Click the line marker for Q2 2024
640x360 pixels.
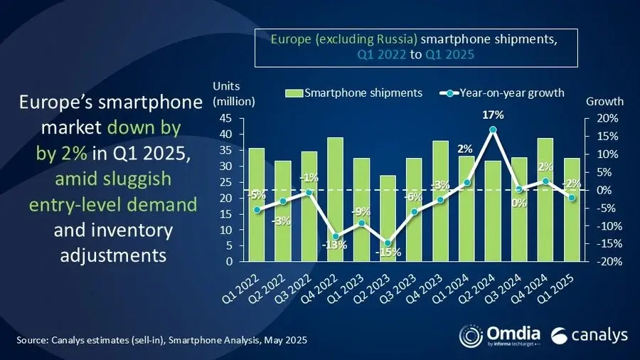[492, 130]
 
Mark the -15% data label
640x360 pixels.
[389, 253]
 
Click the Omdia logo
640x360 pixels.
[498, 334]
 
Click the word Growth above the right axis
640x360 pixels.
[604, 101]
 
